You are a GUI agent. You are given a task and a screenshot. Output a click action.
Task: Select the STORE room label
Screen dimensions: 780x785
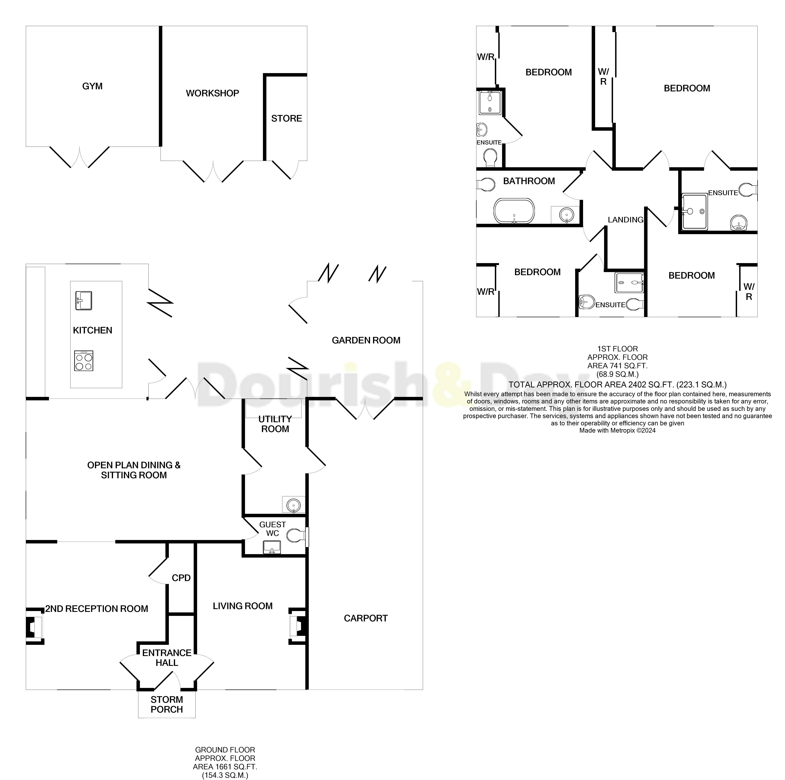(x=287, y=118)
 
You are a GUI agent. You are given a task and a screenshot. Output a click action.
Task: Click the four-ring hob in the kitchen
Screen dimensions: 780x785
(x=84, y=361)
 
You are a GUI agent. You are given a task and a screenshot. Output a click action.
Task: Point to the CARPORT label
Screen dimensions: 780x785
(x=366, y=618)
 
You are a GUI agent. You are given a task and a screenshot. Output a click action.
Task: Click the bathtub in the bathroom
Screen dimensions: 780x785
(x=514, y=211)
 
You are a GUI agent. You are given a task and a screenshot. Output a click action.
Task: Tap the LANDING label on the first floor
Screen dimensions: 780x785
(x=625, y=220)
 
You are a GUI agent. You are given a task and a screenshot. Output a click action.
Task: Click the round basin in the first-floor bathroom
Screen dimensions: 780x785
(x=566, y=214)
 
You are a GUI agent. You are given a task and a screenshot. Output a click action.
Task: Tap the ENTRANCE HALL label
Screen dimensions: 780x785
(x=167, y=658)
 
